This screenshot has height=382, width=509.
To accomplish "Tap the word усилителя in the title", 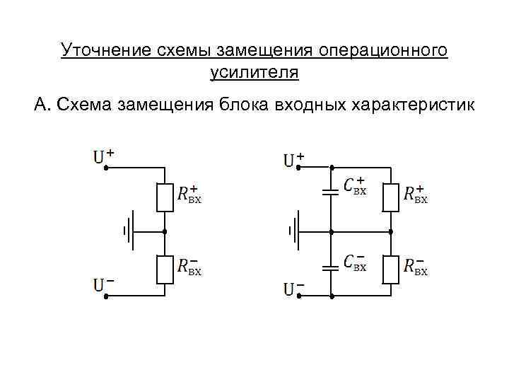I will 255,72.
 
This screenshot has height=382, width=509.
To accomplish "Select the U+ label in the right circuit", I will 293,158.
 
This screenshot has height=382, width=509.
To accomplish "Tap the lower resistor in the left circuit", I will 165,270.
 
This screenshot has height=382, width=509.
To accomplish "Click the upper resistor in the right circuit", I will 391,197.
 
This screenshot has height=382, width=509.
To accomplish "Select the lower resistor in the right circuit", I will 391,269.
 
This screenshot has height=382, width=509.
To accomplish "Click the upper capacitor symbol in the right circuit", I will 329,191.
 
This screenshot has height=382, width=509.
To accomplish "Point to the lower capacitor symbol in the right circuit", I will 329,267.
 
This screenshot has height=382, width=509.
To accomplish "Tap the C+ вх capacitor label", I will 354,186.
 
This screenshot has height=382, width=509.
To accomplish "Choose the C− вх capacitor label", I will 354,262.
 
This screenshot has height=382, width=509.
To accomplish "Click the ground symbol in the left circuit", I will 129,231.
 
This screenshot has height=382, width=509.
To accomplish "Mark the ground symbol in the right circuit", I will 293,231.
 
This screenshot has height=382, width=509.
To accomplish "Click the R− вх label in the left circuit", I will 189,266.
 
